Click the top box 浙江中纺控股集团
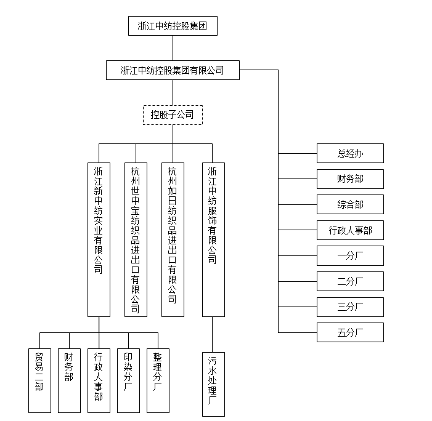point(173,26)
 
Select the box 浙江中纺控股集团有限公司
point(173,71)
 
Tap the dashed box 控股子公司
point(173,114)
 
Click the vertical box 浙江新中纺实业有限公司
point(99,239)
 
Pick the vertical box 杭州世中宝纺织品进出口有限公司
point(136,239)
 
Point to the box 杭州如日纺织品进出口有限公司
point(173,239)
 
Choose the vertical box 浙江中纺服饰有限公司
point(213,239)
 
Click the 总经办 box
point(350,153)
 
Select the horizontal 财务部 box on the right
point(350,179)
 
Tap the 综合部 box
point(350,204)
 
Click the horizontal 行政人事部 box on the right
point(350,230)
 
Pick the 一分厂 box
point(350,255)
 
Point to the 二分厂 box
point(350,281)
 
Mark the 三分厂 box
point(350,307)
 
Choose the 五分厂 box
point(350,332)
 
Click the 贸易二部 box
point(39,380)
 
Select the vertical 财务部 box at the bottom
point(69,380)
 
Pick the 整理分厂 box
point(158,380)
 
